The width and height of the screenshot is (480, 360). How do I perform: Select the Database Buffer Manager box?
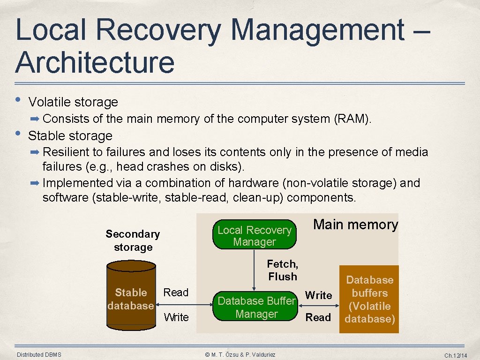click(256, 307)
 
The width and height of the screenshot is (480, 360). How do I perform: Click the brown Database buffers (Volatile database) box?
click(369, 300)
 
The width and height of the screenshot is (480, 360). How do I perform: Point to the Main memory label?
click(355, 225)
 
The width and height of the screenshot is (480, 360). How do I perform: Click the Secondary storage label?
click(133, 240)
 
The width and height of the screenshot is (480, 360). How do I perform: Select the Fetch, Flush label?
click(282, 270)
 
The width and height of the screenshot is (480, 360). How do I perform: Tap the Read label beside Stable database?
click(176, 292)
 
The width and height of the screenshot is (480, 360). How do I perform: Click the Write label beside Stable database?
click(176, 317)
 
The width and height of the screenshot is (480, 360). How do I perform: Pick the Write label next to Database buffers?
click(318, 295)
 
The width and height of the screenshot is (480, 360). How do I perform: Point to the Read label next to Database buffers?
click(318, 317)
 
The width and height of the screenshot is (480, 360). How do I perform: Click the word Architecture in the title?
click(95, 62)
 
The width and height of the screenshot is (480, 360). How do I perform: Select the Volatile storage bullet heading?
click(73, 102)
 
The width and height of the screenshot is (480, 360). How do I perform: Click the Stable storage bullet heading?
click(70, 136)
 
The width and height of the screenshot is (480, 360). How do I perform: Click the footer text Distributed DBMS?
click(39, 354)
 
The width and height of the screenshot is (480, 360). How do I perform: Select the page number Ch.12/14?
click(456, 355)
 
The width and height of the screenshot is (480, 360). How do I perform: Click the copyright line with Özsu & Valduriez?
click(240, 354)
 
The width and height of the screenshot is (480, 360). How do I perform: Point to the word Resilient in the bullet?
click(65, 152)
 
